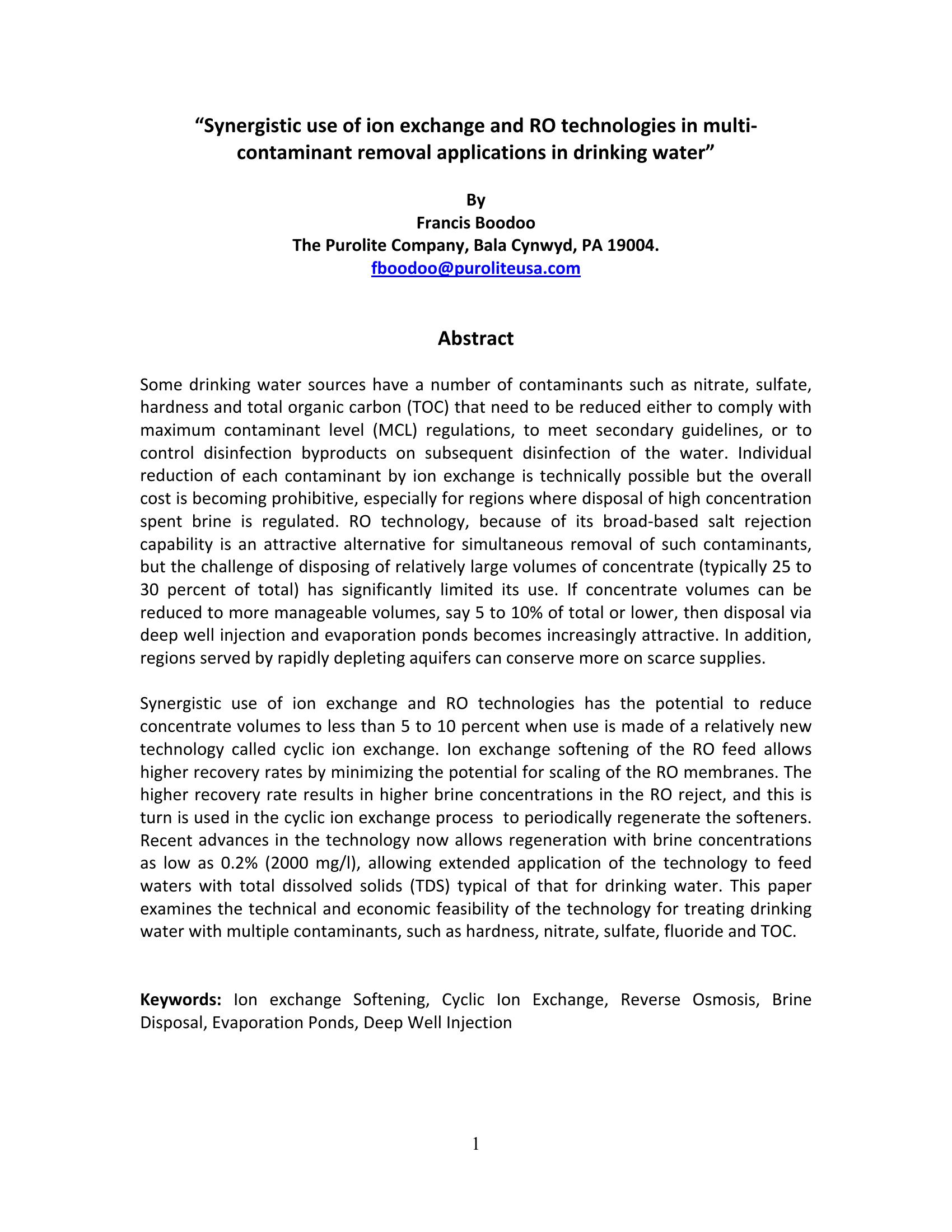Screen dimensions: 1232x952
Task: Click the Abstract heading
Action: pyautogui.click(x=475, y=338)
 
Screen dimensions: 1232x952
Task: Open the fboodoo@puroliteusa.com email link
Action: pyautogui.click(x=475, y=268)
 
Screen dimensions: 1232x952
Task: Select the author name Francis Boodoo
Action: pyautogui.click(x=475, y=223)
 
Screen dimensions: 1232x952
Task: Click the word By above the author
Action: pyautogui.click(x=475, y=200)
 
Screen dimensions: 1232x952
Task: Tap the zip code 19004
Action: pyautogui.click(x=634, y=246)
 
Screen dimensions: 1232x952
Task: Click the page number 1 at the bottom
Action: pyautogui.click(x=475, y=1144)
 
